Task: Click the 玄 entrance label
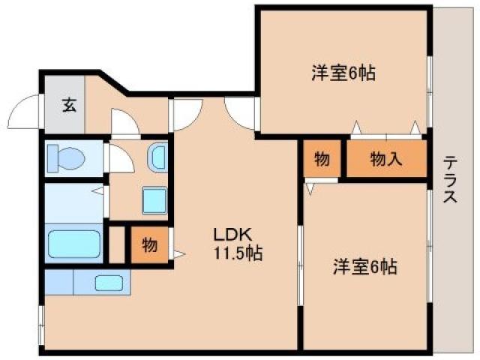point(68,104)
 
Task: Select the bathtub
point(73,244)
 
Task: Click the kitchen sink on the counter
point(110,283)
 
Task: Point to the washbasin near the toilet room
point(157,157)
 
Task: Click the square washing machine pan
point(156,201)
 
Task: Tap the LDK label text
point(231,232)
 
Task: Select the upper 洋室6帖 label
point(343,73)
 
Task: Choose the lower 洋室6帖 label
point(364,266)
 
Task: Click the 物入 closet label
point(385,159)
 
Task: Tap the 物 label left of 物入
point(322,159)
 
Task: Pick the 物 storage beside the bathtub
point(148,244)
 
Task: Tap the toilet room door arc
point(118,158)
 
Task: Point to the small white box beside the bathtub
point(115,244)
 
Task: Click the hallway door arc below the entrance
point(124,122)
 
